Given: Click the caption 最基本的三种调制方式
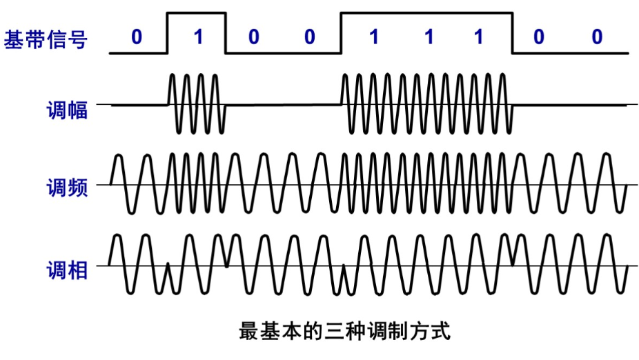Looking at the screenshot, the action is (344, 330).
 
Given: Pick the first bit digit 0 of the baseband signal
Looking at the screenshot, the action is (136, 37).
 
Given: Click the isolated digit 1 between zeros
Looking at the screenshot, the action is (198, 37).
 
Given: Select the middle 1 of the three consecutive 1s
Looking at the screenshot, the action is (429, 37).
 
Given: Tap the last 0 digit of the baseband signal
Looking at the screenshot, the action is (597, 37).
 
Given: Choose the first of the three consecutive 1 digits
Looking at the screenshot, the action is (373, 37).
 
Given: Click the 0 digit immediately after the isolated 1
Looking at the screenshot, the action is (254, 37).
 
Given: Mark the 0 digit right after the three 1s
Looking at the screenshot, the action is (538, 37).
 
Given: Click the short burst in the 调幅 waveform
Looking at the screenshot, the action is (196, 105).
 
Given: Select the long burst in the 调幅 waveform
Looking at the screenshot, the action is (426, 105).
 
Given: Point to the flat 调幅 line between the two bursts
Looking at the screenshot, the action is (283, 106).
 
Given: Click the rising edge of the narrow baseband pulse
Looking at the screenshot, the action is (168, 32).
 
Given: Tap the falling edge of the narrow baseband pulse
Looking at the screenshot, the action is (226, 32).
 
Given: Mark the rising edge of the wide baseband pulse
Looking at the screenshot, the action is (341, 32).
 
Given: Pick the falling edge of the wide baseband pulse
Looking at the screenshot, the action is (512, 32).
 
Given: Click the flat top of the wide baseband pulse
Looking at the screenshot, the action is (426, 12).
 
